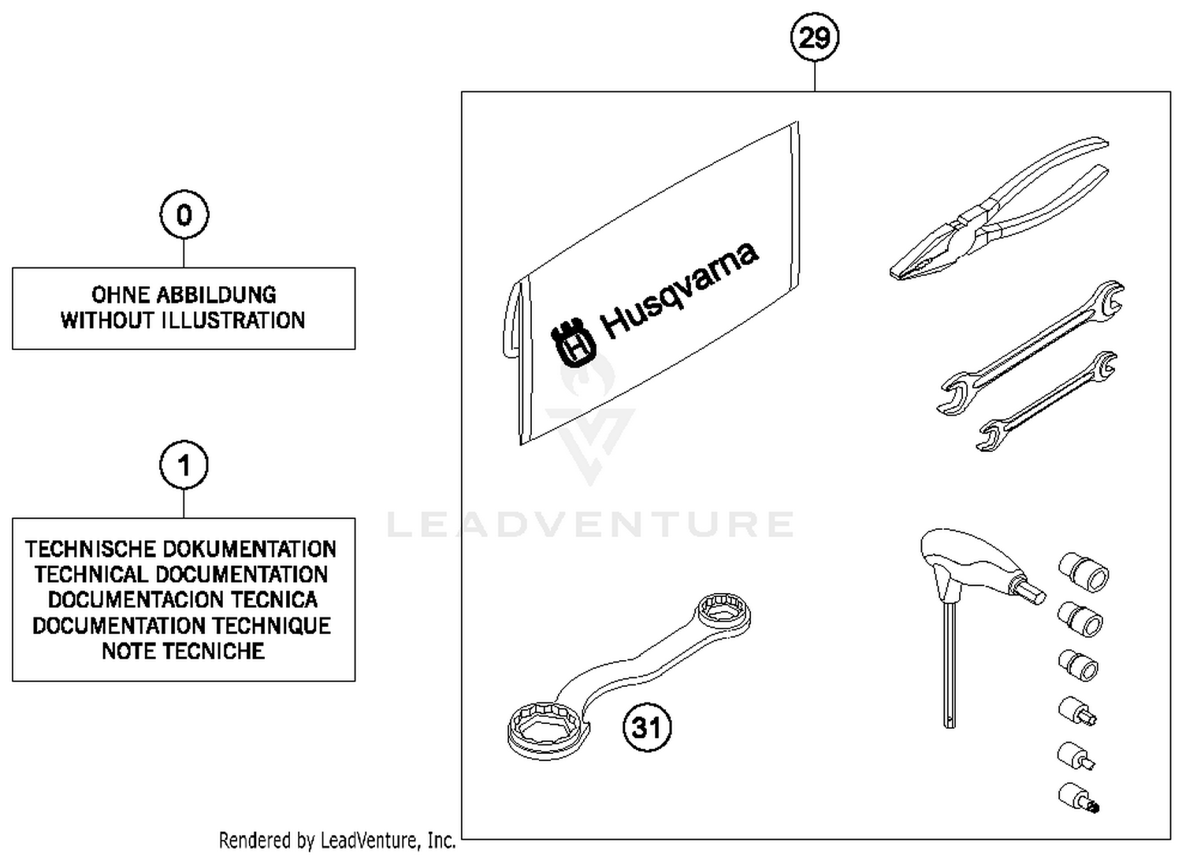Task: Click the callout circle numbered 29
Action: [814, 37]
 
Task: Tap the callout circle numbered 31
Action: [647, 726]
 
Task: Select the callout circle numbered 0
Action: [184, 214]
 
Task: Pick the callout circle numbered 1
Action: [184, 465]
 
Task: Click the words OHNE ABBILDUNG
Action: [184, 295]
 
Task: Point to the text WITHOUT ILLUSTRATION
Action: [184, 320]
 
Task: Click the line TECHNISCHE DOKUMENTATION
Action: [181, 549]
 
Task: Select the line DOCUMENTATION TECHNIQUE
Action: [181, 625]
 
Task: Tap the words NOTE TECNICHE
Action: [183, 651]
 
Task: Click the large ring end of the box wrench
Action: [547, 726]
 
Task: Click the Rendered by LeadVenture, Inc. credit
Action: [337, 841]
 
